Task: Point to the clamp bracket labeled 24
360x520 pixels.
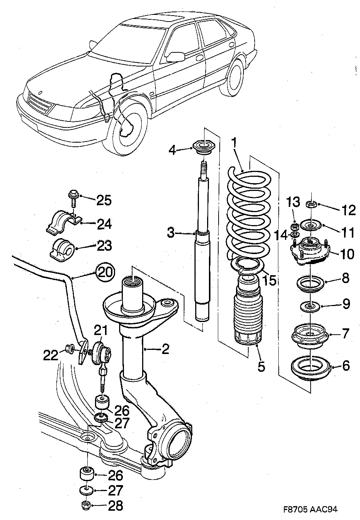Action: [x=63, y=223]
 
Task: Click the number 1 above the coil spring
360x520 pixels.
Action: [x=234, y=142]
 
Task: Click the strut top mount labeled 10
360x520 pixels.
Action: [x=310, y=251]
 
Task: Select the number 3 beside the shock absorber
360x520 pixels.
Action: [x=171, y=234]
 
